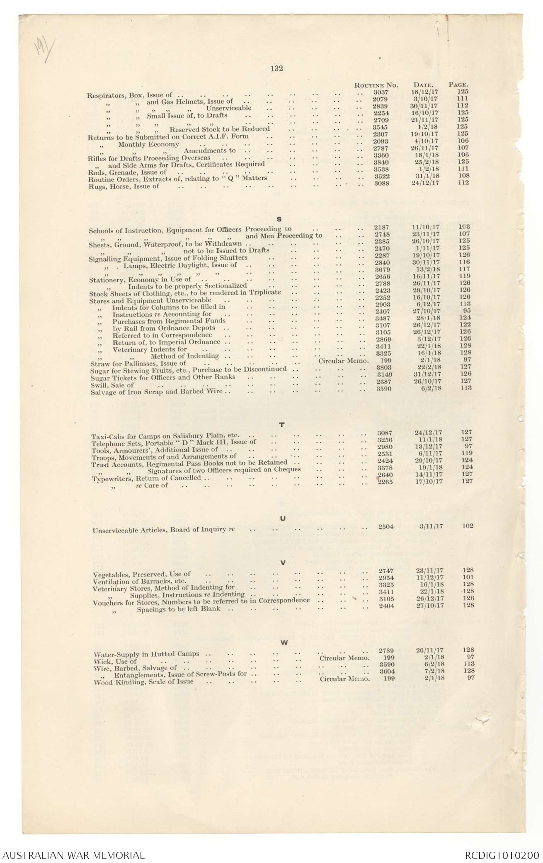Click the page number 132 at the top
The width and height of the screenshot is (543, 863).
(x=276, y=69)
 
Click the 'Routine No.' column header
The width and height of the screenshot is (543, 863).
(x=376, y=85)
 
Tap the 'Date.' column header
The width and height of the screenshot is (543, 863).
(x=423, y=85)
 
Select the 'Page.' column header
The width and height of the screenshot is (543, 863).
(x=458, y=85)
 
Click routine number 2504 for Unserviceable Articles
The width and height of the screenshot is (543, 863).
(x=385, y=526)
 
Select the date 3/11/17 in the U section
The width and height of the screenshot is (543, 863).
(x=431, y=526)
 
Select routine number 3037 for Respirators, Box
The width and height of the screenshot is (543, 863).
(x=381, y=92)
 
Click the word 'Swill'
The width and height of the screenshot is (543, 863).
(x=98, y=385)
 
